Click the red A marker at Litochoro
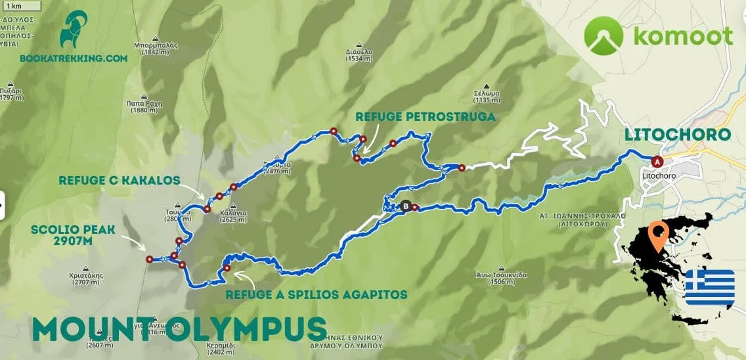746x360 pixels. coord(656,161)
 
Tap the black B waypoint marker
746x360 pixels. coord(406,206)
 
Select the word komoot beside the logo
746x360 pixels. coord(683,36)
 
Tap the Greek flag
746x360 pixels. coord(710,287)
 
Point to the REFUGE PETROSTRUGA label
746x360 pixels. coord(425,117)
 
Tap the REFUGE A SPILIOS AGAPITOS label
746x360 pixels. coord(316,294)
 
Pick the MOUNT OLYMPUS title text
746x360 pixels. coord(179,328)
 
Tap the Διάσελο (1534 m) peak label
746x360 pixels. coord(359,55)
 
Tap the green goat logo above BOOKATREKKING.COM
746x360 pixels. coord(74,29)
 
